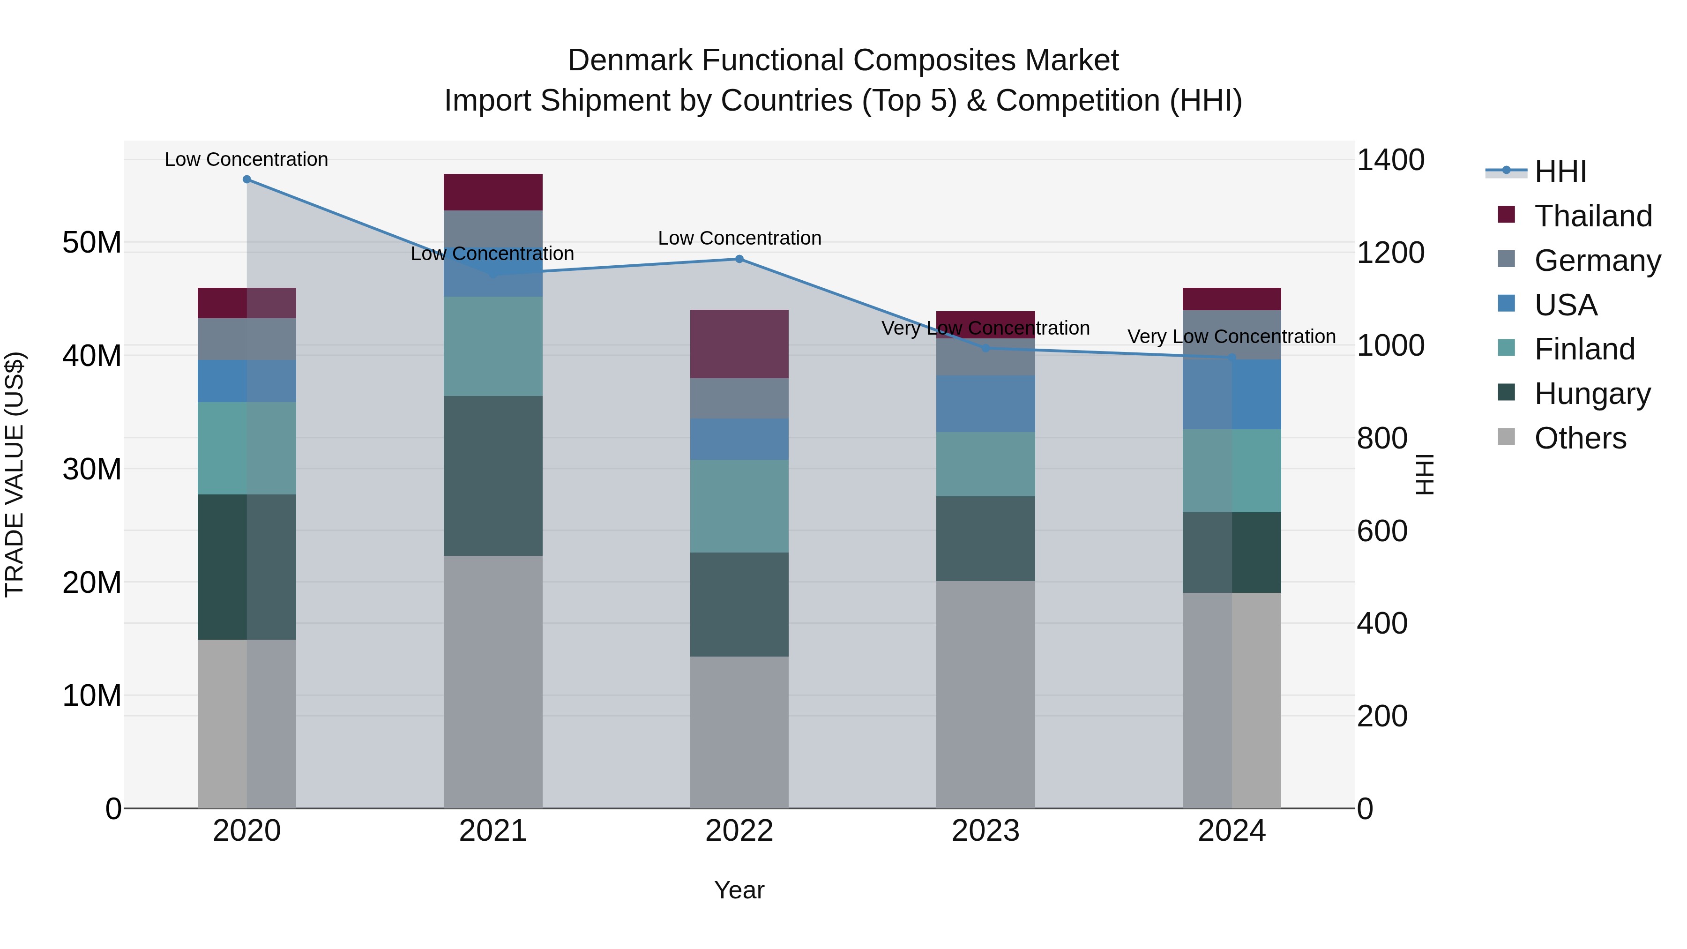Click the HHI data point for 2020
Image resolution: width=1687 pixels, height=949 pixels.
point(247,179)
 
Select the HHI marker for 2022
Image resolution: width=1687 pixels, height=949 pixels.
point(739,259)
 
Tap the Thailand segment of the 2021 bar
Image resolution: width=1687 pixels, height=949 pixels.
point(493,192)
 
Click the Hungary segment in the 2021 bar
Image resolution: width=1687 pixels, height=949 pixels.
point(493,476)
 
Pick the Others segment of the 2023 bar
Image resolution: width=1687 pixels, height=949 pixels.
point(985,694)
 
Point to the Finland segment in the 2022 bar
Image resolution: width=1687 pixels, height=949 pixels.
point(739,506)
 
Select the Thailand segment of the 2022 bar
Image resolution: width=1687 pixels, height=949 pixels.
point(739,344)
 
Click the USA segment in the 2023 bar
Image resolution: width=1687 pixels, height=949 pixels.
point(985,404)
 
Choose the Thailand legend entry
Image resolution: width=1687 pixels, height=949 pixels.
point(1593,216)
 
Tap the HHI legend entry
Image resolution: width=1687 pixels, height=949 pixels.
point(1560,172)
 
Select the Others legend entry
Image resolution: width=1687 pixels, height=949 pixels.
point(1580,438)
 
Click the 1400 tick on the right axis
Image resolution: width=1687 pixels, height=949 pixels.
point(1390,160)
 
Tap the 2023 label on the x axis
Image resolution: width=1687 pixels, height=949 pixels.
point(985,831)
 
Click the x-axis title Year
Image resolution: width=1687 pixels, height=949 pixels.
point(739,890)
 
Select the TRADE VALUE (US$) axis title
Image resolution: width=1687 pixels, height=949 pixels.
point(15,474)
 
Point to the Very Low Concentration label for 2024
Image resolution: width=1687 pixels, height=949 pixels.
point(1231,336)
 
